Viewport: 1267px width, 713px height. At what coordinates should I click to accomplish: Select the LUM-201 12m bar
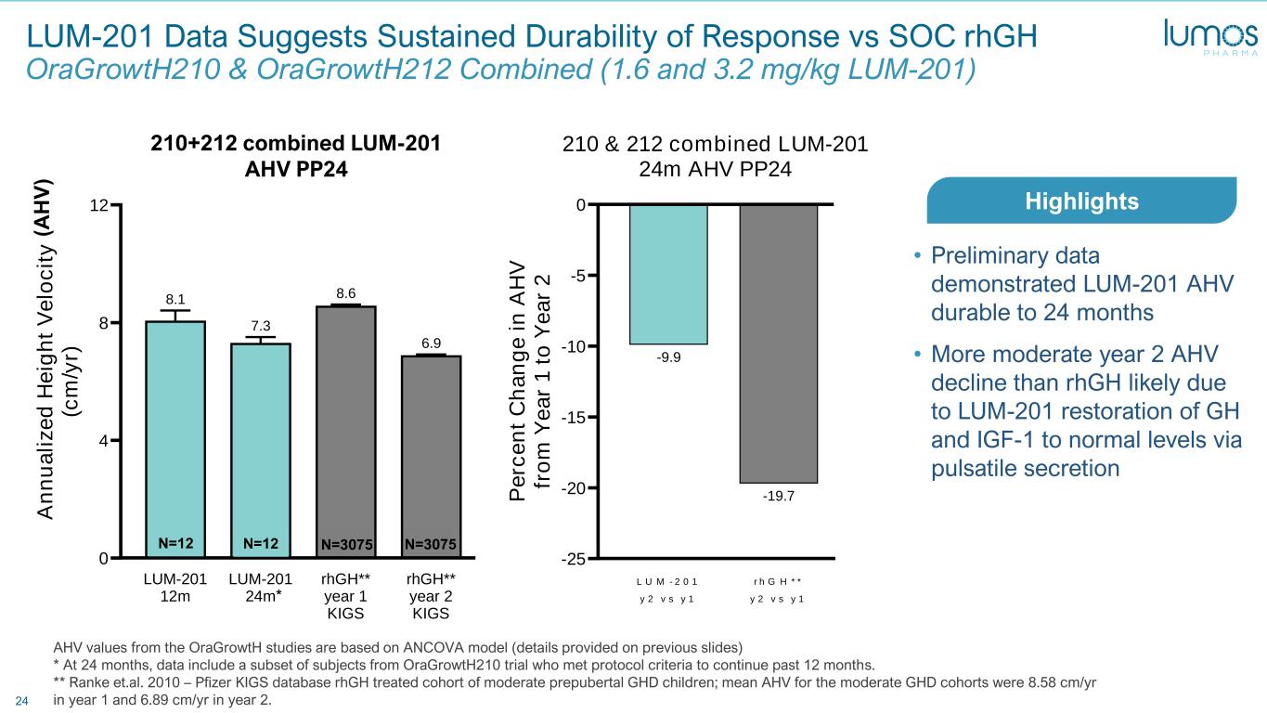[175, 436]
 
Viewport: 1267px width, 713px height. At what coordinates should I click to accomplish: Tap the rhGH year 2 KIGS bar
[431, 455]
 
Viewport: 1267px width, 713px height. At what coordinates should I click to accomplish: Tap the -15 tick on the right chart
[575, 418]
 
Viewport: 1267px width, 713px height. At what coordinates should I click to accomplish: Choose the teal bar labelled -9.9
[668, 274]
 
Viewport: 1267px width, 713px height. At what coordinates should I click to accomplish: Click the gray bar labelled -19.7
[778, 344]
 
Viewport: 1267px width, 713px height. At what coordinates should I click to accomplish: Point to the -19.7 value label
[778, 497]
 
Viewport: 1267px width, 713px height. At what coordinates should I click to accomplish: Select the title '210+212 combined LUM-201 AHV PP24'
[295, 155]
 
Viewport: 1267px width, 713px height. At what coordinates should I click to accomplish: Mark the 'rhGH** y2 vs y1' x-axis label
[778, 589]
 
